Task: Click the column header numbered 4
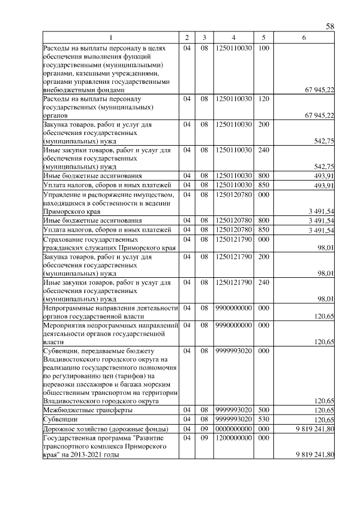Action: (233, 38)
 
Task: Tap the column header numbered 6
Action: (304, 38)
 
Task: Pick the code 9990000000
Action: (233, 325)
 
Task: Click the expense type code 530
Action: (263, 420)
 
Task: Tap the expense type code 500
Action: (263, 411)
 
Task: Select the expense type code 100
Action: (263, 49)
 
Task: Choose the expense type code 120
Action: (263, 98)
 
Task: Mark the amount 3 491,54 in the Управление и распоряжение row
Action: (321, 211)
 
